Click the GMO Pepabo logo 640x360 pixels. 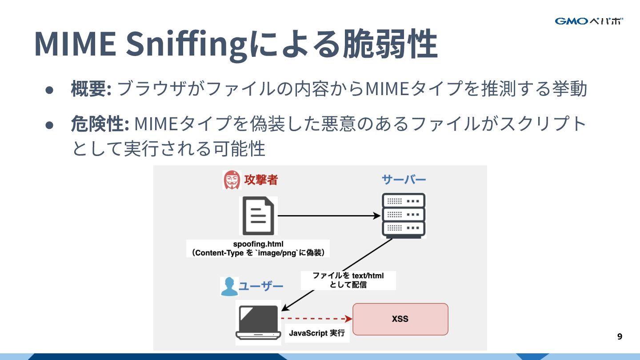pos(588,21)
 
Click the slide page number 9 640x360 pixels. pos(620,336)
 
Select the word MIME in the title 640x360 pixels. pos(74,44)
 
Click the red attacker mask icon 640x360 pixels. pos(231,180)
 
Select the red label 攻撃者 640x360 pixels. pos(261,180)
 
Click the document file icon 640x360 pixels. pos(258,216)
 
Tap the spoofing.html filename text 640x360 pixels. pos(258,244)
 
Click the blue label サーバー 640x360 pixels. pos(404,180)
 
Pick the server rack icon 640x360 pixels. pos(404,215)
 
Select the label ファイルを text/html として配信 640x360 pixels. pos(348,280)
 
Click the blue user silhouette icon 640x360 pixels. pos(229,286)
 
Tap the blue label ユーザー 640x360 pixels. pos(261,286)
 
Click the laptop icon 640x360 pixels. pos(258,321)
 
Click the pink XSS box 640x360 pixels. pos(400,319)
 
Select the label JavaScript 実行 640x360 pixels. pos(317,333)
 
